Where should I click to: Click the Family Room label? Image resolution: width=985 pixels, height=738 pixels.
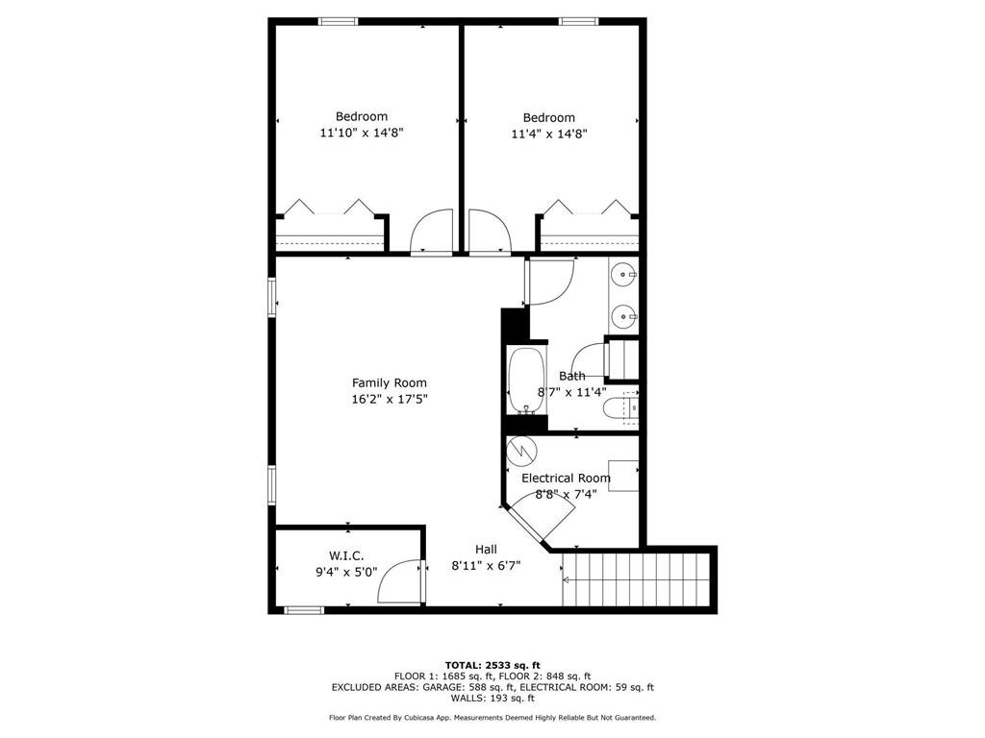[389, 382]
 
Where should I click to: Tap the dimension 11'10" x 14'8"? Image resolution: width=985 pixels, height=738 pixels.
[361, 134]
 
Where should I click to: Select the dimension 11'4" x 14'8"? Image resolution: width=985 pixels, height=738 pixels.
[548, 135]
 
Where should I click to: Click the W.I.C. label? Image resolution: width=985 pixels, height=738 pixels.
[346, 555]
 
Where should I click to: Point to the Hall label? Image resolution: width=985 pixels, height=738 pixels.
[486, 550]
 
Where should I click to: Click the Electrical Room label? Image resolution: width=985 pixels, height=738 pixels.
[566, 478]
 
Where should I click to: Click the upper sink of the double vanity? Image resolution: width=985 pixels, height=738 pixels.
[626, 275]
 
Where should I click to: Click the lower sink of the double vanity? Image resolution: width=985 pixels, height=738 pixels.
[626, 313]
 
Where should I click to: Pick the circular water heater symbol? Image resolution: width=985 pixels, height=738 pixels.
[521, 449]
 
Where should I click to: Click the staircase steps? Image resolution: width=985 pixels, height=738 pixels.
[640, 579]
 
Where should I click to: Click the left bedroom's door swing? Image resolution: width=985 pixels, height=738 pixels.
[431, 234]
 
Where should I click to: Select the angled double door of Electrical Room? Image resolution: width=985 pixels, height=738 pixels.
[539, 520]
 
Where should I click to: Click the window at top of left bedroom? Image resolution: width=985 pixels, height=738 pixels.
[339, 21]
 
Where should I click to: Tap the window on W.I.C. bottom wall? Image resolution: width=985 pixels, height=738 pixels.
[305, 609]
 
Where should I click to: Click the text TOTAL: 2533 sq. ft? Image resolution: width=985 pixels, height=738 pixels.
[492, 665]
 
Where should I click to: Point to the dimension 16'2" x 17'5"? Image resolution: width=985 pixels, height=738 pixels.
[389, 399]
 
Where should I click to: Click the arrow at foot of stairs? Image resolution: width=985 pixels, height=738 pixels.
[567, 579]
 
